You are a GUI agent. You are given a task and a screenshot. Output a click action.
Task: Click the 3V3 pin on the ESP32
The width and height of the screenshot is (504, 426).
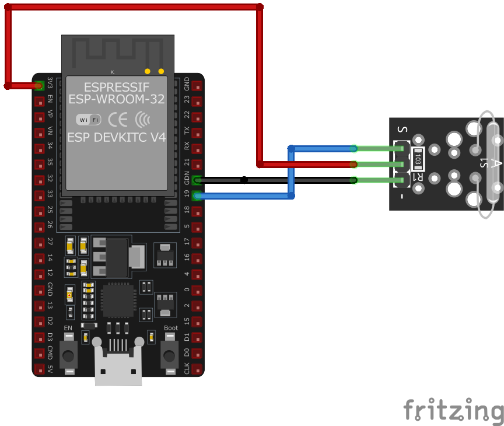tap(39, 86)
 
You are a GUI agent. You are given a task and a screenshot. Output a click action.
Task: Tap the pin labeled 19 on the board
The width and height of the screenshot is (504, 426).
tap(198, 196)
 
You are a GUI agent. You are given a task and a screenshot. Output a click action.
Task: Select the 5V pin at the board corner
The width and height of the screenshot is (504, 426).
tap(39, 369)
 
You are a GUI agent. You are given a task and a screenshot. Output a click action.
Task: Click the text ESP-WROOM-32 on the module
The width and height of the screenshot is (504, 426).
tap(117, 99)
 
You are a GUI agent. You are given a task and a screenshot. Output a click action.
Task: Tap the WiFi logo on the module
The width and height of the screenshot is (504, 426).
tap(89, 120)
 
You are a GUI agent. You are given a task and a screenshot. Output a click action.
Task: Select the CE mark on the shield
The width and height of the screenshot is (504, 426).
tap(118, 120)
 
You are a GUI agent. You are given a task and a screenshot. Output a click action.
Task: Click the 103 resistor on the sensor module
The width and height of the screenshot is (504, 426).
tap(418, 158)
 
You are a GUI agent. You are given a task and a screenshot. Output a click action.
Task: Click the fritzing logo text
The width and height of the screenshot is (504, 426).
tap(453, 410)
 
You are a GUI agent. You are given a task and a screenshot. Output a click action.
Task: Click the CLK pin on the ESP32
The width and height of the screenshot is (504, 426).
tap(198, 369)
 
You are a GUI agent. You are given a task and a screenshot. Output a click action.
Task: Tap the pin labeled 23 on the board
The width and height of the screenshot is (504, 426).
tap(198, 102)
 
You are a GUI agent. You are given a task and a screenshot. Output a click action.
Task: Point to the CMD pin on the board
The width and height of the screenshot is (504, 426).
tap(39, 353)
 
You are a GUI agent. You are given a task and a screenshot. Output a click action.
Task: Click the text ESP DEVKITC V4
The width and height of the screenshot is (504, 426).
tap(117, 138)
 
